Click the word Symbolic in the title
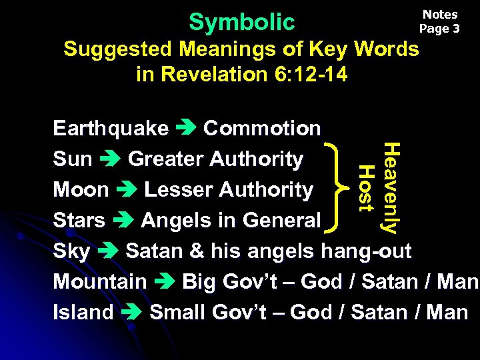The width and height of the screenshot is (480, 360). tap(241, 22)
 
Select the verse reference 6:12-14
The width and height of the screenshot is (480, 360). tap(310, 74)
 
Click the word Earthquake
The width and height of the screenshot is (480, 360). tap(111, 128)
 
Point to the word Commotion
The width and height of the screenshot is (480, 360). tap(262, 128)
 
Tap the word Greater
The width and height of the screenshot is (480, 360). tap(166, 159)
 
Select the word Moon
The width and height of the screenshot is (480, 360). tap(81, 190)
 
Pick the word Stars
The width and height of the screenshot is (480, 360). tap(79, 220)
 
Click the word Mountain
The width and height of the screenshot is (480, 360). tap(100, 281)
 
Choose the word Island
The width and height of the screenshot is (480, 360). tap(83, 312)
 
